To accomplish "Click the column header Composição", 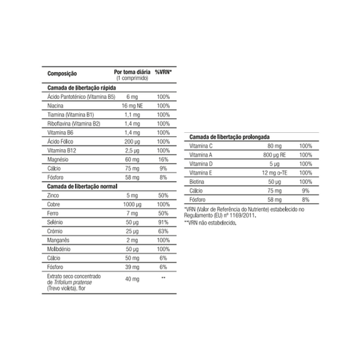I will click(62, 73).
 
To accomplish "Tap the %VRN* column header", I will click(163, 72).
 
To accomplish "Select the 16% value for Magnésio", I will click(163, 159).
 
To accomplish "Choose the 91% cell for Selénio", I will click(163, 222).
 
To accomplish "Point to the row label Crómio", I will click(54, 231).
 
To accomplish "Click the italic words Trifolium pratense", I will click(73, 282).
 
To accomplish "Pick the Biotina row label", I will click(198, 182).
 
